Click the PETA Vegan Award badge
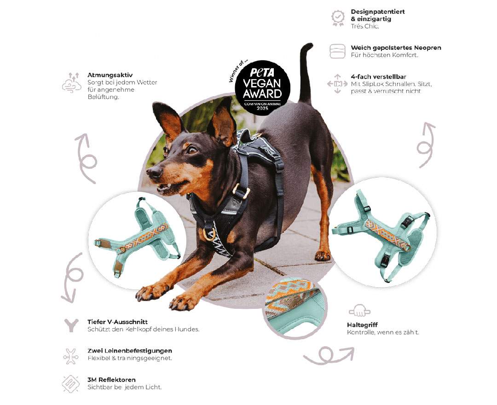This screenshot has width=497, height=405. [x=263, y=88]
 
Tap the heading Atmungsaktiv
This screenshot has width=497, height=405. [x=110, y=75]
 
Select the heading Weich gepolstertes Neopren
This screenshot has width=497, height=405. [x=396, y=48]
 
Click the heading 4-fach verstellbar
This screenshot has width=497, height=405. [x=378, y=76]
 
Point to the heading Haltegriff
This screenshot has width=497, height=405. [x=362, y=324]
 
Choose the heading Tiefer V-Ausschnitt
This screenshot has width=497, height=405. [x=117, y=322]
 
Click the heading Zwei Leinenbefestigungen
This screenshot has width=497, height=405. [x=130, y=351]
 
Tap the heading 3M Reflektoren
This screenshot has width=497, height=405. [x=111, y=380]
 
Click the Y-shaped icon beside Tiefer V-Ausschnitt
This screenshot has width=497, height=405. [x=71, y=325]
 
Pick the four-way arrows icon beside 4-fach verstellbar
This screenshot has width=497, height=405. [x=337, y=84]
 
